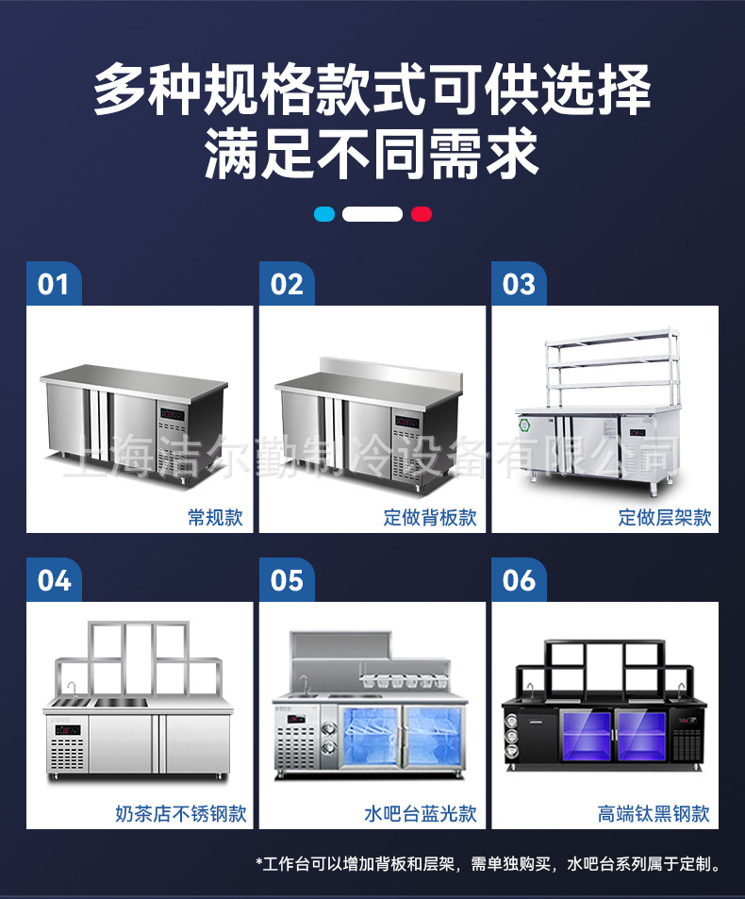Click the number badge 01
click(54, 283)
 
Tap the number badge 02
click(287, 283)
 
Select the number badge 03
click(519, 283)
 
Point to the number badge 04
click(54, 579)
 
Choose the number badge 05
click(287, 579)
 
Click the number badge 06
click(519, 579)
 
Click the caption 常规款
click(215, 517)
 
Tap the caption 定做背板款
click(429, 517)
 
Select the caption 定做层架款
click(664, 517)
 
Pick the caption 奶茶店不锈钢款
click(181, 813)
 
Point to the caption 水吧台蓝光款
click(420, 813)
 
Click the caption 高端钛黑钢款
click(654, 813)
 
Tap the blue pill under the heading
click(324, 214)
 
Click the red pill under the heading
click(422, 214)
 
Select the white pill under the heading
click(372, 214)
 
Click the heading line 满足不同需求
click(372, 153)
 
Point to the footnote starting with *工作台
click(488, 863)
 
